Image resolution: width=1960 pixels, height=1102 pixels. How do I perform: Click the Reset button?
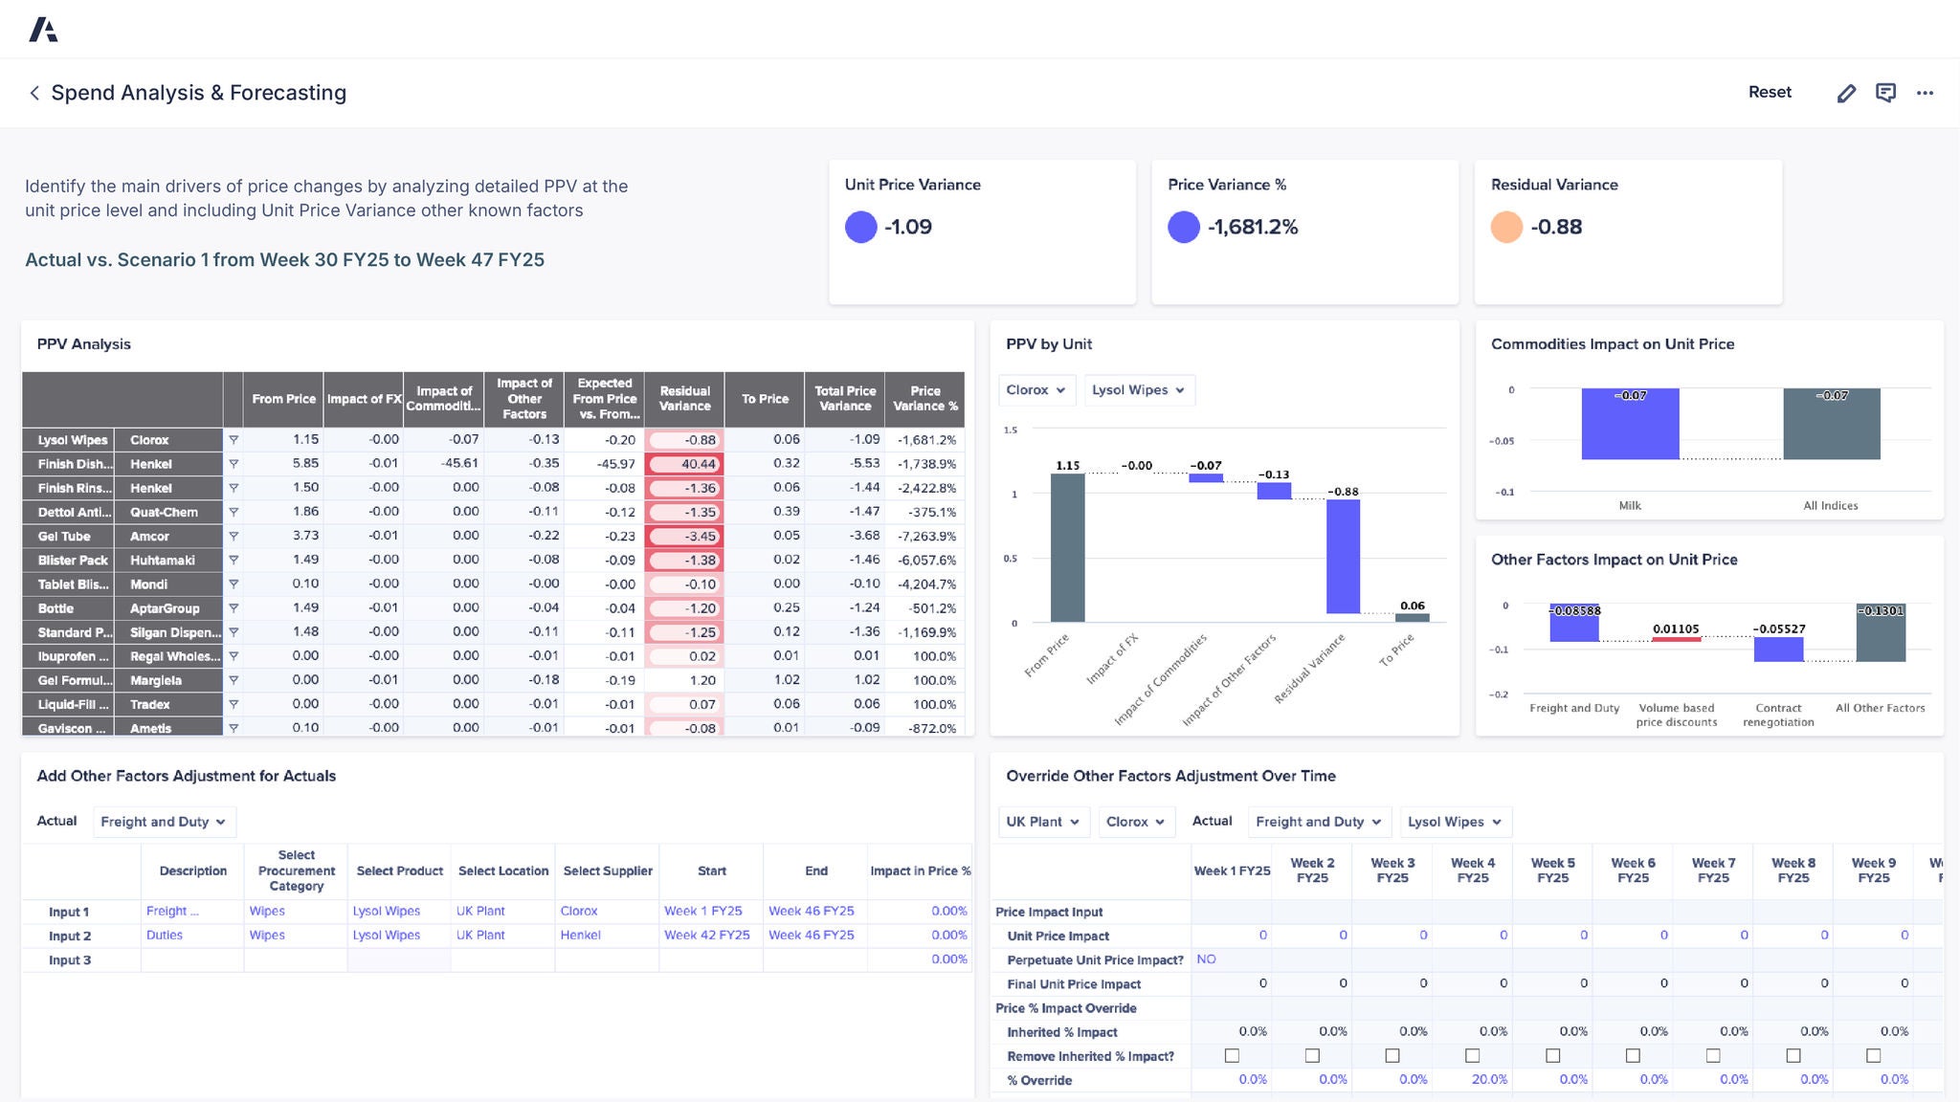[1770, 93]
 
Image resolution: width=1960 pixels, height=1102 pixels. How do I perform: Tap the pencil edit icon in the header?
[1846, 93]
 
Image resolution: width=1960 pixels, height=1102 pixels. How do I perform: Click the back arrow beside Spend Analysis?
[34, 93]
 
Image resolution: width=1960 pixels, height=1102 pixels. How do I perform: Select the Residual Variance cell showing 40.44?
[684, 464]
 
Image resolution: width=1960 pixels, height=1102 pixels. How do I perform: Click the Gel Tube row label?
[64, 537]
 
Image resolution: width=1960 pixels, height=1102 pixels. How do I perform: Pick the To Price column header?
[765, 399]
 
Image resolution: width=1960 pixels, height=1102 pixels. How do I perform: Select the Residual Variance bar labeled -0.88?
[1343, 556]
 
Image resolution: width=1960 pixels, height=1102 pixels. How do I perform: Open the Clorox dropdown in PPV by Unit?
[1036, 390]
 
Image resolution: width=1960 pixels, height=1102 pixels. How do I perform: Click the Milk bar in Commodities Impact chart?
[1630, 424]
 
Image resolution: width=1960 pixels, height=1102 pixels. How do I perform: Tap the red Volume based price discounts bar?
[1676, 639]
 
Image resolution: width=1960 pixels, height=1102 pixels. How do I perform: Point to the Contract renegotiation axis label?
[1778, 715]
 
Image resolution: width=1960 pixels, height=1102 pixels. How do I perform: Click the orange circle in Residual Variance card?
[1506, 227]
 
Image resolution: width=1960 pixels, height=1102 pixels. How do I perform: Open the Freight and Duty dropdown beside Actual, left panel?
[164, 822]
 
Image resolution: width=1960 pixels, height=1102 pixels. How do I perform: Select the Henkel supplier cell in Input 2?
[580, 936]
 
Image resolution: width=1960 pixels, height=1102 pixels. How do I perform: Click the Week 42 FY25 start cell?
[707, 936]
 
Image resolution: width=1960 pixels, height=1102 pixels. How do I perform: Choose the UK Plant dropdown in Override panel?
[1042, 822]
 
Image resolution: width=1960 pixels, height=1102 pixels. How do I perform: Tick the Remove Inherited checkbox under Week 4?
[1473, 1056]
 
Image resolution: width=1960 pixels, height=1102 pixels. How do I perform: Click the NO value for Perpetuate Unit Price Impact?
[1206, 959]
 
